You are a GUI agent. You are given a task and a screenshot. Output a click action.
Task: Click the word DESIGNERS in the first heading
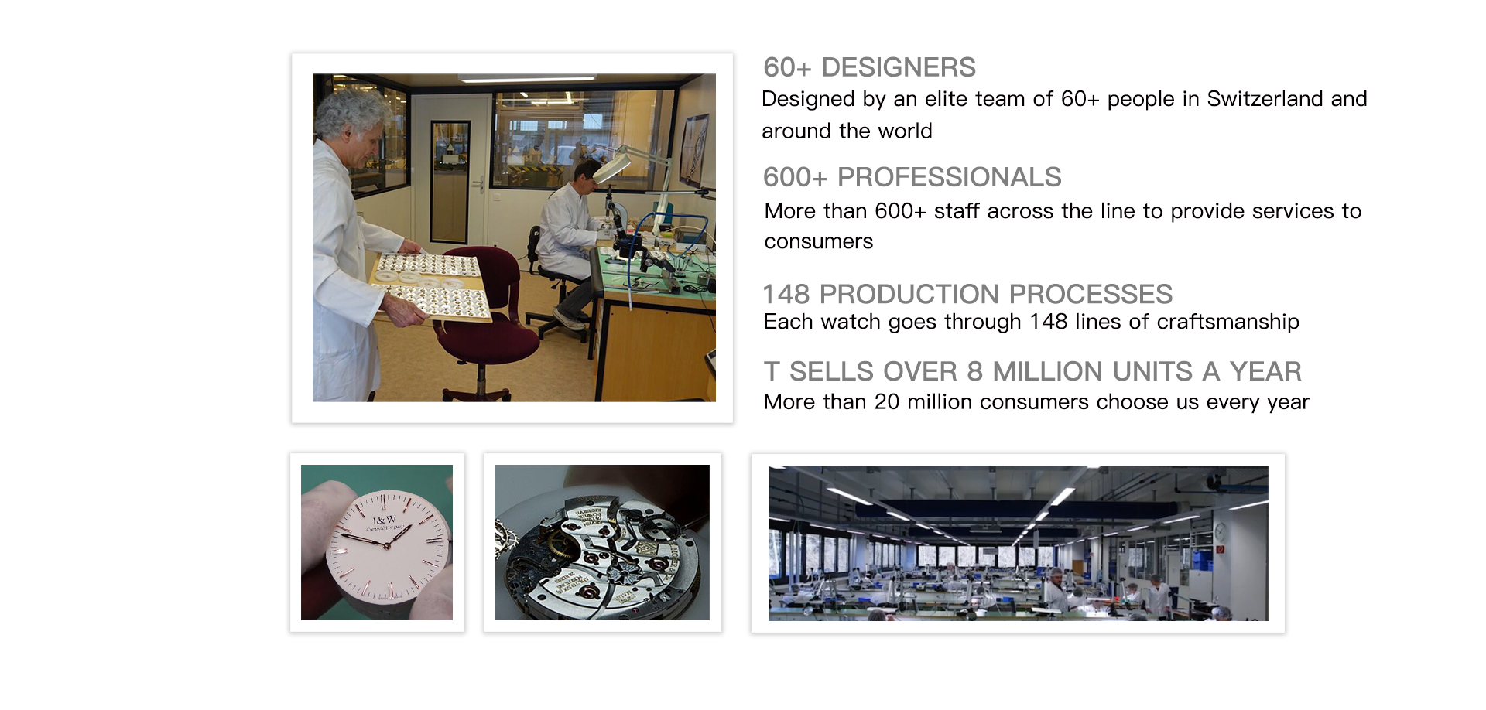pyautogui.click(x=898, y=67)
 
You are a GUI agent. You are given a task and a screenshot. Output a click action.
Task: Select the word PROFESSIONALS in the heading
pyautogui.click(x=949, y=177)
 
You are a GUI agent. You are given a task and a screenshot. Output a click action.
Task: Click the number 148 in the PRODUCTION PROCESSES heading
pyautogui.click(x=786, y=294)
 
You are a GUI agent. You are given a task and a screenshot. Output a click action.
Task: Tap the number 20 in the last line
pyautogui.click(x=887, y=402)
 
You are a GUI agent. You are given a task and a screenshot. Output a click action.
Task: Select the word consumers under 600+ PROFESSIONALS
pyautogui.click(x=819, y=241)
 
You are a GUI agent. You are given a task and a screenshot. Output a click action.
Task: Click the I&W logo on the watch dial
pyautogui.click(x=385, y=520)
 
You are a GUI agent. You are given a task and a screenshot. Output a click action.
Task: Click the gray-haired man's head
pyautogui.click(x=352, y=128)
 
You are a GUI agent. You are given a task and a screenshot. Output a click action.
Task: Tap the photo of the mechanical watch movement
pyautogui.click(x=602, y=542)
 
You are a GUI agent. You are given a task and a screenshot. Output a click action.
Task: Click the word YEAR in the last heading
pyautogui.click(x=1265, y=371)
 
